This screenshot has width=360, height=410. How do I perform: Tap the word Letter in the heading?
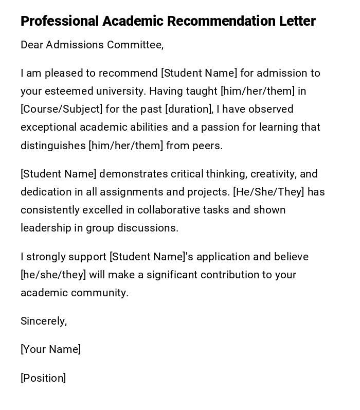click(x=297, y=22)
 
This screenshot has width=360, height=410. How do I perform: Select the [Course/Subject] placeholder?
click(x=61, y=110)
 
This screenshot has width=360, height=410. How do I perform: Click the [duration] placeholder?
click(x=189, y=110)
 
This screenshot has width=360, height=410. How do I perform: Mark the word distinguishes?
click(x=53, y=146)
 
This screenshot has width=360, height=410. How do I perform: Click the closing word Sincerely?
click(x=44, y=322)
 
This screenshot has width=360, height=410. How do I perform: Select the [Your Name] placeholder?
click(x=50, y=350)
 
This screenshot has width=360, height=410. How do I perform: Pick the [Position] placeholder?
click(x=43, y=379)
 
